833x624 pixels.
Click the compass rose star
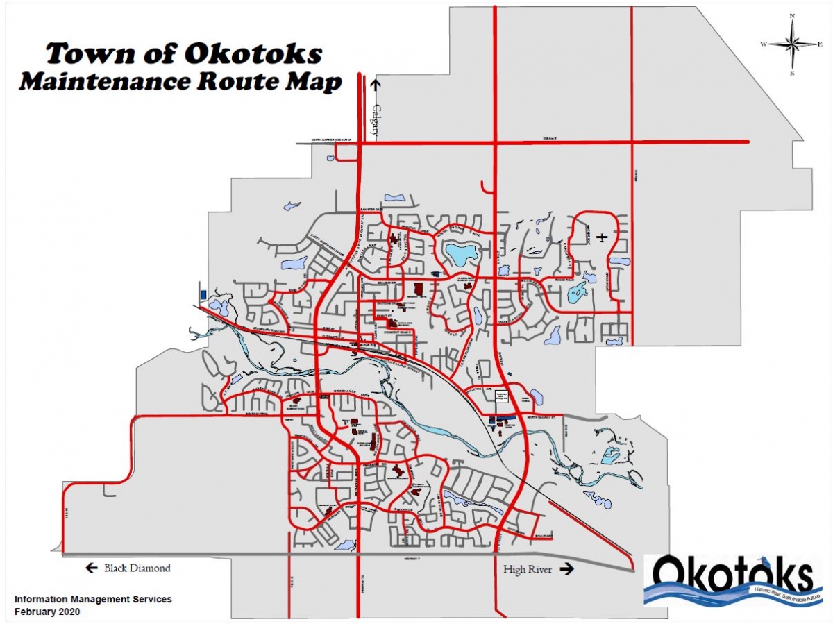click(x=792, y=44)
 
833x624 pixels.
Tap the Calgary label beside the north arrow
click(x=376, y=118)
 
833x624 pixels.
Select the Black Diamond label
click(x=137, y=568)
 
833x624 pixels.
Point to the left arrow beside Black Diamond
click(x=91, y=568)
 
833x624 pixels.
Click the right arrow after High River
click(x=567, y=569)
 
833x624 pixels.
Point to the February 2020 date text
click(x=48, y=612)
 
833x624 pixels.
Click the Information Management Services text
click(x=93, y=599)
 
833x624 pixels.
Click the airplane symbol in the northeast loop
click(x=602, y=237)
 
